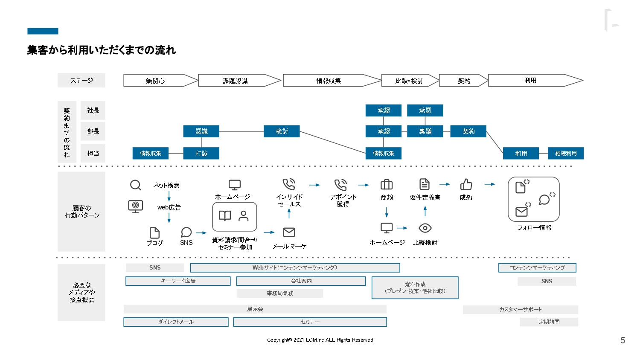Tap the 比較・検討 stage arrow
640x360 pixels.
pyautogui.click(x=409, y=81)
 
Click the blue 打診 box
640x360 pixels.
pyautogui.click(x=201, y=153)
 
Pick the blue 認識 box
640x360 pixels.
pyautogui.click(x=201, y=131)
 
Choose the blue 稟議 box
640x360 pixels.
pyautogui.click(x=425, y=131)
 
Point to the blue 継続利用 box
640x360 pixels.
pyautogui.click(x=566, y=153)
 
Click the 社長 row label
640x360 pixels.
pyautogui.click(x=93, y=110)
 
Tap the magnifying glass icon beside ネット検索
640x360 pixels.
pyautogui.click(x=135, y=185)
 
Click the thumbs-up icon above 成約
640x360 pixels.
pyautogui.click(x=466, y=184)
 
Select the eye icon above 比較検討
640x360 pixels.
pyautogui.click(x=425, y=228)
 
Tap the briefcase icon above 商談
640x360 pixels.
pyautogui.click(x=387, y=184)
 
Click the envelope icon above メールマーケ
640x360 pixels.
pyautogui.click(x=289, y=232)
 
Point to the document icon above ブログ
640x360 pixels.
pyautogui.click(x=154, y=232)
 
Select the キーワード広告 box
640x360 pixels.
pyautogui.click(x=178, y=281)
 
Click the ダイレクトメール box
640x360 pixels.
pyautogui.click(x=176, y=322)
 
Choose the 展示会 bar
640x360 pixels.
pyautogui.click(x=255, y=309)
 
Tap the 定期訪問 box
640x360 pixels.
pyautogui.click(x=549, y=322)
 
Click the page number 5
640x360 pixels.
pyautogui.click(x=623, y=340)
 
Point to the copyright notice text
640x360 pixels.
pyautogui.click(x=320, y=340)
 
